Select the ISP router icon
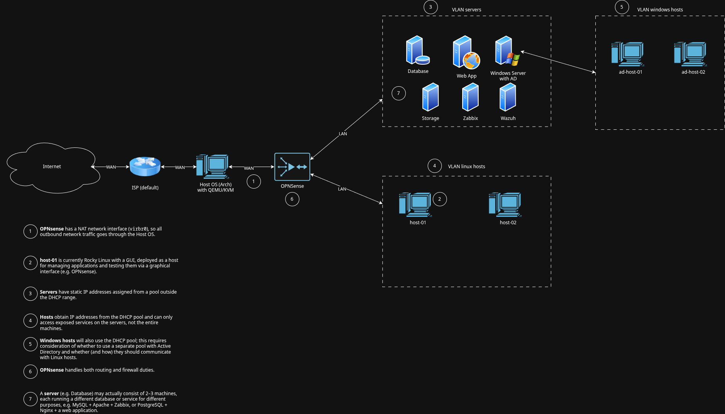point(145,166)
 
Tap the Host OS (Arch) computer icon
point(212,167)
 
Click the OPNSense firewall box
point(292,167)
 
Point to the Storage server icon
point(430,97)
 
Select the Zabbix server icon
point(470,97)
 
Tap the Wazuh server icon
point(508,97)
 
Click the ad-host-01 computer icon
point(628,54)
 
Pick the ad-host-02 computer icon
point(691,54)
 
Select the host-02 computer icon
point(505,204)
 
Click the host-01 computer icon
point(415,204)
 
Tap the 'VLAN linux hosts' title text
point(466,167)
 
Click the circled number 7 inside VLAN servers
point(398,93)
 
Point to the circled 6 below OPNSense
point(292,199)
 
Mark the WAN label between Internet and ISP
point(111,167)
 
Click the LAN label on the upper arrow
point(343,134)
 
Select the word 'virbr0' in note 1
point(139,229)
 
